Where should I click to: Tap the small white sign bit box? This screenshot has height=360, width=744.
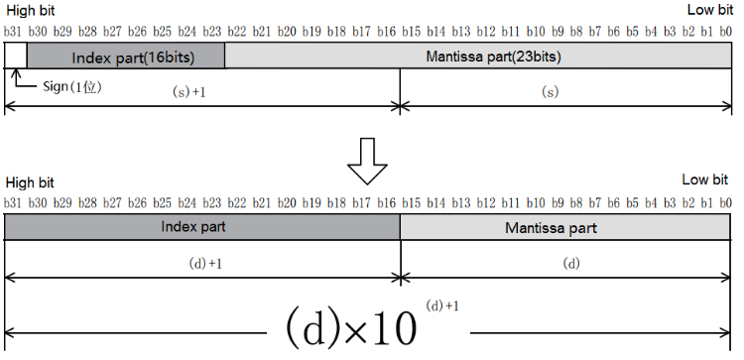pyautogui.click(x=15, y=58)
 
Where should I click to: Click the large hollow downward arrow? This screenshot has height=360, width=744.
pyautogui.click(x=371, y=160)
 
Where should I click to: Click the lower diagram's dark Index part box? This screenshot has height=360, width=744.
pyautogui.click(x=202, y=227)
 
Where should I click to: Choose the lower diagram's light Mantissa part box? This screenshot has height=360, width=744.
pyautogui.click(x=566, y=227)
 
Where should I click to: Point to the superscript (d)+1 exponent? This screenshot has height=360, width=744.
pyautogui.click(x=442, y=304)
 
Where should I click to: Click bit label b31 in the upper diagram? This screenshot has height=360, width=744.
pyautogui.click(x=14, y=33)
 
